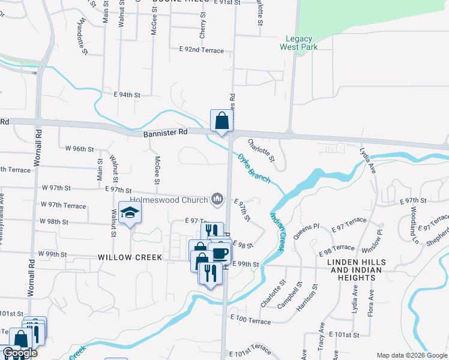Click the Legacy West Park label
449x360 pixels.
coord(298,43)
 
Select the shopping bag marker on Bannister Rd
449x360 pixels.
coord(221,120)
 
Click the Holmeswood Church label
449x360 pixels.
coord(169,200)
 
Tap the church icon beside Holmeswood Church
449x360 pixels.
coord(217,199)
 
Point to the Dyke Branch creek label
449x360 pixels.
coord(254,168)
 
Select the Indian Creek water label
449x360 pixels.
coord(277,233)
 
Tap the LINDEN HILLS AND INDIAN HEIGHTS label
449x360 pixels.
coord(360,271)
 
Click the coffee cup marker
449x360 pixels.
coord(220,252)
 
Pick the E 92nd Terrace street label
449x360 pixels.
coord(202,50)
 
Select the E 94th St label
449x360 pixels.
coord(127,95)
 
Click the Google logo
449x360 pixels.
coord(19,353)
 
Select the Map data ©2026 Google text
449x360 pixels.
coord(412,355)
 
